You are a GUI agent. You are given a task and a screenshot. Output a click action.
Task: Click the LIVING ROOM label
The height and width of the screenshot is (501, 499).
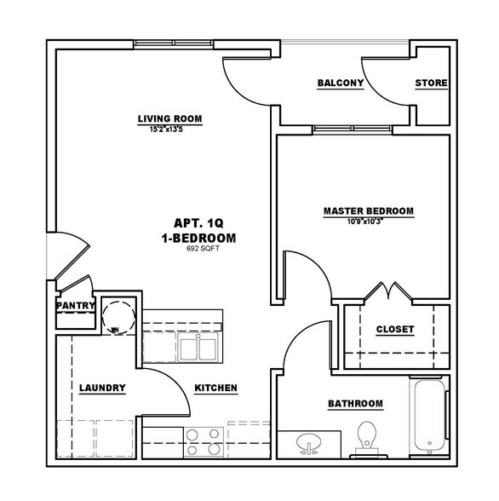pyautogui.click(x=170, y=118)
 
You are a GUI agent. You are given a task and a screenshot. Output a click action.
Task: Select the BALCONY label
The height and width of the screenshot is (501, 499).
pyautogui.click(x=341, y=83)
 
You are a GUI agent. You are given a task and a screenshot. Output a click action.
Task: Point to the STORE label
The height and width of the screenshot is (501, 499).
pyautogui.click(x=431, y=83)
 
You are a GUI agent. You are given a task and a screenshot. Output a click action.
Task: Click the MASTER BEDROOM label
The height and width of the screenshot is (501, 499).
pyautogui.click(x=368, y=210)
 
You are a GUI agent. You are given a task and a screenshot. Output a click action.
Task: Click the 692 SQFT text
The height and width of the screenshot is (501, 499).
pyautogui.click(x=198, y=250)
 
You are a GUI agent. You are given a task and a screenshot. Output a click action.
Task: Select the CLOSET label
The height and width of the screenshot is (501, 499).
pyautogui.click(x=394, y=329)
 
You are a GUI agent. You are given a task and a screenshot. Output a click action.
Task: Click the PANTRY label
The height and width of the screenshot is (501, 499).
pyautogui.click(x=74, y=305)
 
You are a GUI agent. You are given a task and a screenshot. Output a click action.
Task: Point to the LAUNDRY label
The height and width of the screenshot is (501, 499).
pyautogui.click(x=102, y=389)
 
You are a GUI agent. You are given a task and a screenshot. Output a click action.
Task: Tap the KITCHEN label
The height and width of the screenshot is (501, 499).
pyautogui.click(x=215, y=389)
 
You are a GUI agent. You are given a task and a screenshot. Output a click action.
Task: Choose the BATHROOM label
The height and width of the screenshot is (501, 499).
pyautogui.click(x=355, y=403)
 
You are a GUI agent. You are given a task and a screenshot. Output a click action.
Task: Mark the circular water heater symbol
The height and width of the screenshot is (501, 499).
pyautogui.click(x=114, y=314)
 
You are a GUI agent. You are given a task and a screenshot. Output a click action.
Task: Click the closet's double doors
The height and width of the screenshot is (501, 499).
pyautogui.click(x=390, y=294)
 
